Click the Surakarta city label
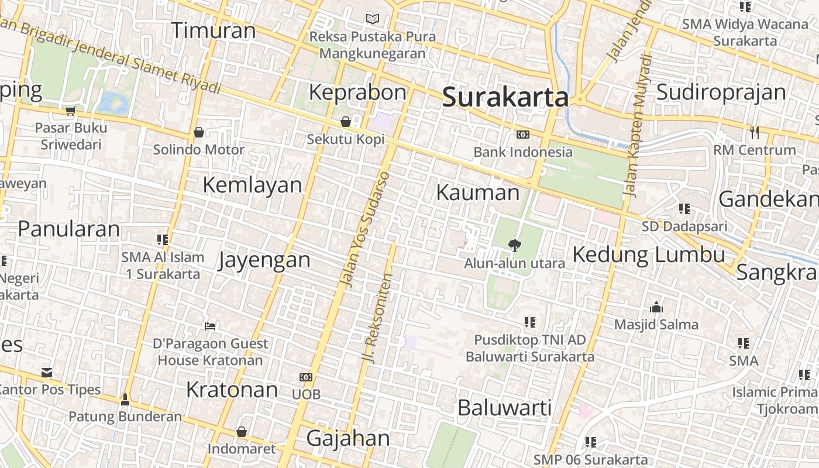tap(505, 97)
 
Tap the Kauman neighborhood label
tap(477, 192)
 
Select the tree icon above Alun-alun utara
tap(514, 245)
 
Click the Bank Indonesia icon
tap(522, 135)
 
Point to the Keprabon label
tap(357, 92)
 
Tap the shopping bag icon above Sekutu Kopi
tap(346, 122)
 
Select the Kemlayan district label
tap(252, 185)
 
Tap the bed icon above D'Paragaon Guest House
tap(210, 326)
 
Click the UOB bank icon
tap(306, 377)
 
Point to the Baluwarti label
tap(504, 408)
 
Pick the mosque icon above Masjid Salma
tap(656, 307)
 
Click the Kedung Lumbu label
tap(648, 255)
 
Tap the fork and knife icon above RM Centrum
tap(755, 133)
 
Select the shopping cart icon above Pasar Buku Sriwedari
tap(71, 111)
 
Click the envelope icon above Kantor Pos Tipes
tap(47, 372)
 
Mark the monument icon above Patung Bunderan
tap(125, 400)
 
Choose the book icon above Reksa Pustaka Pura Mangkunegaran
tap(372, 19)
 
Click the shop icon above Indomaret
tap(241, 432)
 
